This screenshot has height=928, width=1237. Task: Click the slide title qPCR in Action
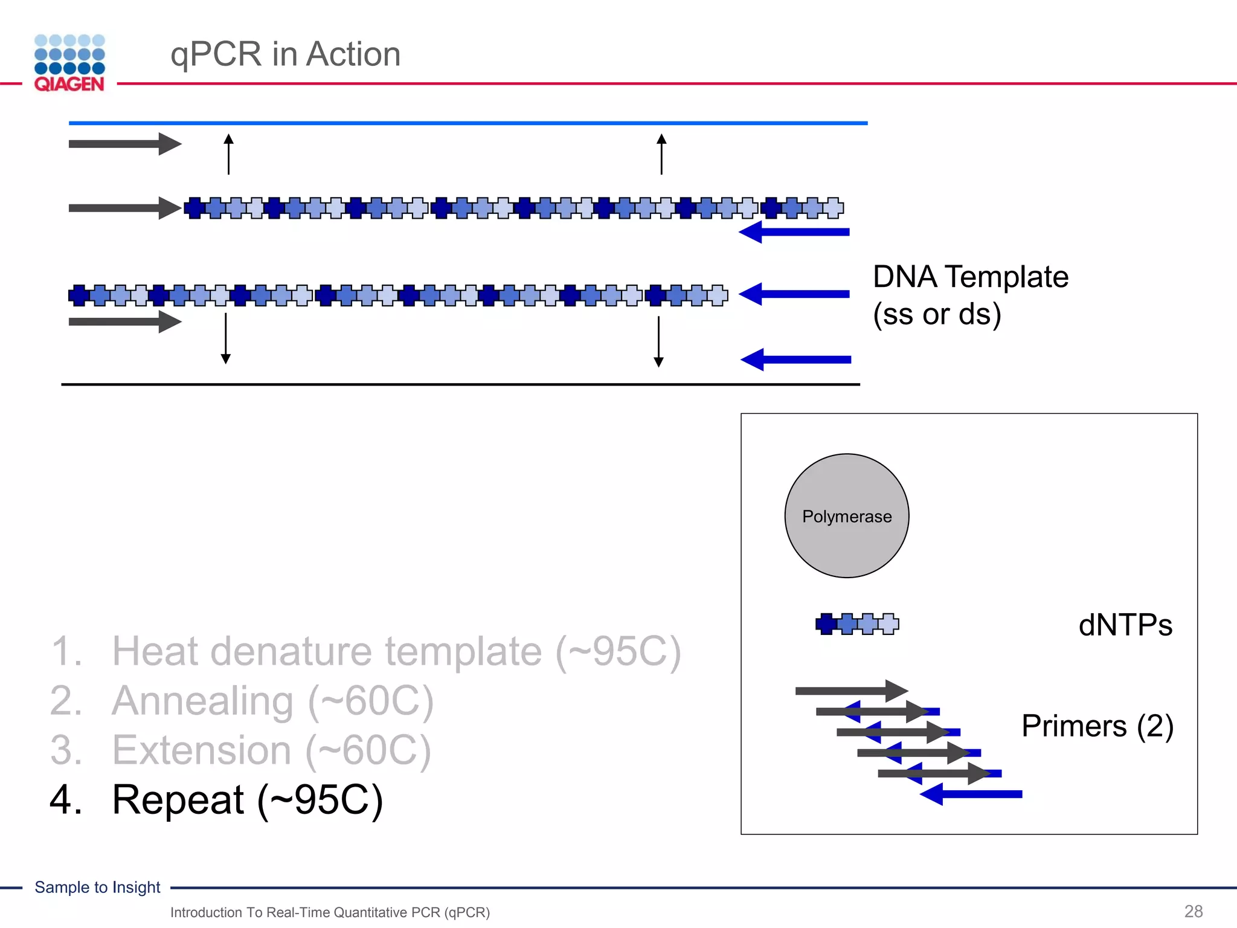[x=285, y=54]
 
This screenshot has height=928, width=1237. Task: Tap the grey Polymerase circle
[x=846, y=515]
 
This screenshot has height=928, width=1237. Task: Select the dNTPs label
[x=1125, y=625]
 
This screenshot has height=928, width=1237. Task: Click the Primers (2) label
[x=1097, y=726]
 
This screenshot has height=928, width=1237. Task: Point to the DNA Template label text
[x=970, y=295]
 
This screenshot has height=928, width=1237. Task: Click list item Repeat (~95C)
[x=247, y=800]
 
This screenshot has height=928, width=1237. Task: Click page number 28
[x=1193, y=911]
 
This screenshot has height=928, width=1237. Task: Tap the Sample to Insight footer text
[x=97, y=887]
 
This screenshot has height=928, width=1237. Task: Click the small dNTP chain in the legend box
[x=856, y=623]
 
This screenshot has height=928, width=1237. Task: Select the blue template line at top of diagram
[x=468, y=123]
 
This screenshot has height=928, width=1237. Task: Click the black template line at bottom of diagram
[x=460, y=384]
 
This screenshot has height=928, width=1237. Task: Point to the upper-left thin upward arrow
[x=228, y=155]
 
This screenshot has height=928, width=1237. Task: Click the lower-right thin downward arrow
[x=658, y=341]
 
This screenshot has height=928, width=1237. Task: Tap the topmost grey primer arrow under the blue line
[x=124, y=144]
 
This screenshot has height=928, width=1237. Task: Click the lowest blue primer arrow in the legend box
[x=971, y=794]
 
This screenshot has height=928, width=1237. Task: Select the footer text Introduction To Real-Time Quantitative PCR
[x=330, y=912]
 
